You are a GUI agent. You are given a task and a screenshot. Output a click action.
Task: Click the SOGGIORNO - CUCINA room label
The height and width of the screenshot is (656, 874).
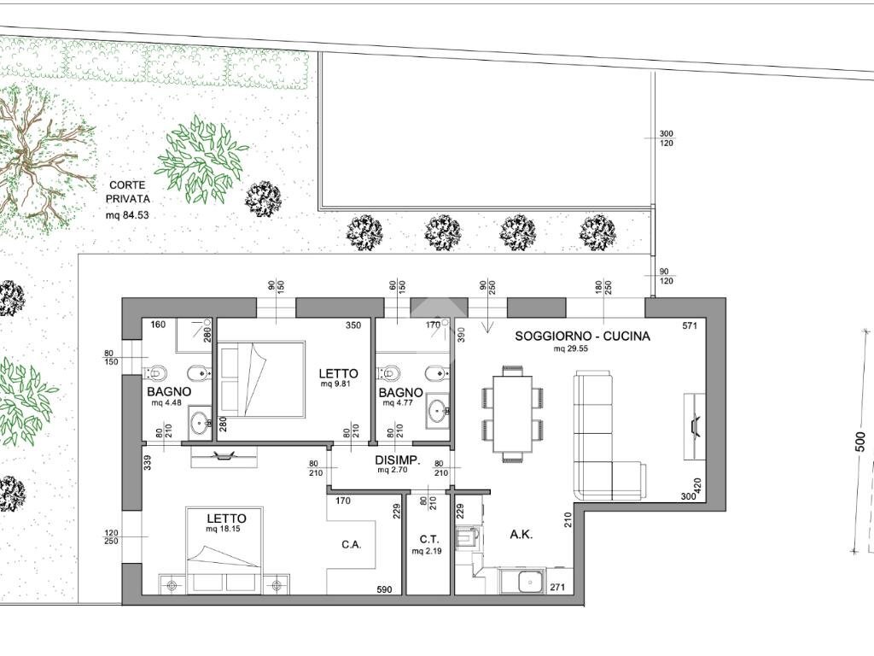pyautogui.click(x=582, y=336)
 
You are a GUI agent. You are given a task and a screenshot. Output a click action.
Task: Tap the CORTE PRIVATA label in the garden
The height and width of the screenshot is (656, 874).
pyautogui.click(x=128, y=191)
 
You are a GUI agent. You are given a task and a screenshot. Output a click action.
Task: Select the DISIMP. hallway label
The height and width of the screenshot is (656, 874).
pyautogui.click(x=397, y=460)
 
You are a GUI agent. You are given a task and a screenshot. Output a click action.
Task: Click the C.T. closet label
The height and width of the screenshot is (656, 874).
pyautogui.click(x=429, y=540)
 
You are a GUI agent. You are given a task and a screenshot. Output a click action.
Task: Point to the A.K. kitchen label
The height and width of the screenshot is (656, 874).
pyautogui.click(x=521, y=535)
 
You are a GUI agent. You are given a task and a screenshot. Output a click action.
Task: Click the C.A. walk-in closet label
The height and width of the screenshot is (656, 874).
pyautogui.click(x=351, y=544)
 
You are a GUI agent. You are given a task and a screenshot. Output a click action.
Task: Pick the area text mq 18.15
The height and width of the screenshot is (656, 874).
pyautogui.click(x=223, y=528)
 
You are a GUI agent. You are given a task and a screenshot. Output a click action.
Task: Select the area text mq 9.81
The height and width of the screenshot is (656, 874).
pyautogui.click(x=335, y=384)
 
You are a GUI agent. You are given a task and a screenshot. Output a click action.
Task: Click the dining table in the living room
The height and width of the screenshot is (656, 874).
pyautogui.click(x=512, y=413)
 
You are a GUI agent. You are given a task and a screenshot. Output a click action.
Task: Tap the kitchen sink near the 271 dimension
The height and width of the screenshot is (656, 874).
pyautogui.click(x=527, y=582)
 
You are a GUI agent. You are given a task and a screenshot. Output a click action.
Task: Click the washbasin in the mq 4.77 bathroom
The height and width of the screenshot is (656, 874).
pyautogui.click(x=438, y=411)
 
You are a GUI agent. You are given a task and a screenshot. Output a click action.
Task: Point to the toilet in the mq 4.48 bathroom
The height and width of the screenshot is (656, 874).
pyautogui.click(x=154, y=372)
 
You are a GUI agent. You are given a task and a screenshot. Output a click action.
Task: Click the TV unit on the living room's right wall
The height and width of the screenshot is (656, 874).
pyautogui.click(x=695, y=426)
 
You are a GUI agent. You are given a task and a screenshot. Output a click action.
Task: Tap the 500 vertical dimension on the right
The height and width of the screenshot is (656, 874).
pyautogui.click(x=861, y=442)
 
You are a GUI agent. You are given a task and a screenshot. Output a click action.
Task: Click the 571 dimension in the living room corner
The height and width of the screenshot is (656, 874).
pyautogui.click(x=690, y=325)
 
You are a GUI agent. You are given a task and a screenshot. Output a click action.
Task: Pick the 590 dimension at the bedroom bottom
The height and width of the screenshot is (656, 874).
pyautogui.click(x=384, y=589)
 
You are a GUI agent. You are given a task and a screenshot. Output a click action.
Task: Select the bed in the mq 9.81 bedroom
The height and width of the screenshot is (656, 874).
pyautogui.click(x=262, y=379)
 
